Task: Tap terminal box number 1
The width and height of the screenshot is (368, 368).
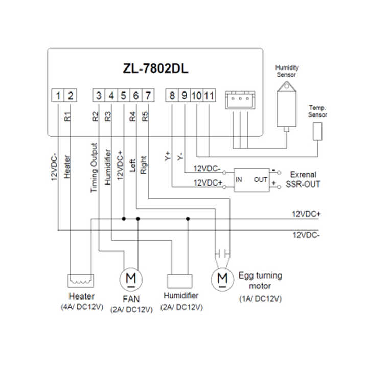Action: point(59,95)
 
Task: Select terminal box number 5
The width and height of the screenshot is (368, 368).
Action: point(124,95)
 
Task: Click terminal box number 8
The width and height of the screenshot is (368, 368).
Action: point(172,95)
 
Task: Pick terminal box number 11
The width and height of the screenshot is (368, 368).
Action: point(209,95)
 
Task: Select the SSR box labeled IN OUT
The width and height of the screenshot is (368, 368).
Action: point(251,179)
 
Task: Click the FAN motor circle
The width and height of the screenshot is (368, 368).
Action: point(129,279)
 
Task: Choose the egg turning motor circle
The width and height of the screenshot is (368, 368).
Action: point(221,278)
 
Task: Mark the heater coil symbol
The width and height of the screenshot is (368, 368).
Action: point(80,281)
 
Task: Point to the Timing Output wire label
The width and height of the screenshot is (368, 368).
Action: point(94,168)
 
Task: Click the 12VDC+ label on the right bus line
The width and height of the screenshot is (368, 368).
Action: point(306,213)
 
